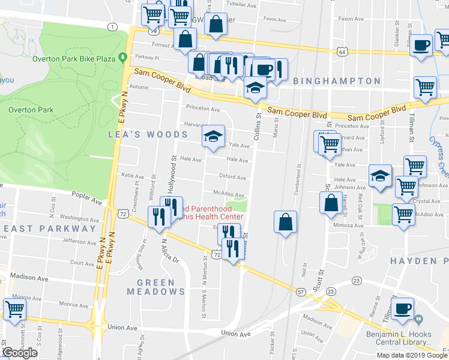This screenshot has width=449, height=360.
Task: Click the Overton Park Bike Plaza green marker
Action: (x=122, y=58)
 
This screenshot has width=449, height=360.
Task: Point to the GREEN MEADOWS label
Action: (x=156, y=287)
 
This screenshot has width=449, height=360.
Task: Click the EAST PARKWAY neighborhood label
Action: (x=41, y=229)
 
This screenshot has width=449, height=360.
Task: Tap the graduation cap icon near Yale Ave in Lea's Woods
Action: (x=212, y=136)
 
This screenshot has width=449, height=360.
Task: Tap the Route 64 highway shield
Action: (x=341, y=53)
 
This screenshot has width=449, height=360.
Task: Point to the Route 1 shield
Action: (x=112, y=26)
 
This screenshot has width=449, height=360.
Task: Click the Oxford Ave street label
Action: (x=232, y=178)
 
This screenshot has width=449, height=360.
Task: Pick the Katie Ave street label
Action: (x=133, y=176)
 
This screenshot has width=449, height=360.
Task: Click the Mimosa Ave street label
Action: (x=348, y=226)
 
